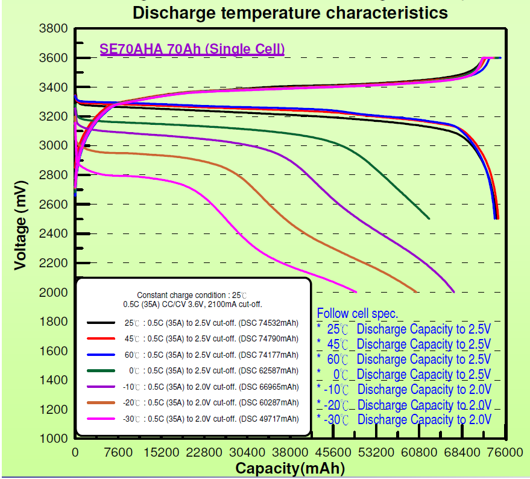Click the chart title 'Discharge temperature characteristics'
(290, 12)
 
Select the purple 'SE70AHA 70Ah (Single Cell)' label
(192, 49)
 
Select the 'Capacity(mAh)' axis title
(290, 468)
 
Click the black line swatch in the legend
(101, 323)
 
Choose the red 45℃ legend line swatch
(101, 338)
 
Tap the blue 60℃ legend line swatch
(101, 355)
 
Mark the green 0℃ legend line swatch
(101, 370)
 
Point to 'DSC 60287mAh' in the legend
(270, 402)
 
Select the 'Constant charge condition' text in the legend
(192, 296)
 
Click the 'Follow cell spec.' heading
(357, 313)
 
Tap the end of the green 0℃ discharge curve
(429, 218)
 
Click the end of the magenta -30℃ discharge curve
(356, 292)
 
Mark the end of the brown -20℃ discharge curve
(416, 292)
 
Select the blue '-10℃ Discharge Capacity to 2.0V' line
(405, 390)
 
